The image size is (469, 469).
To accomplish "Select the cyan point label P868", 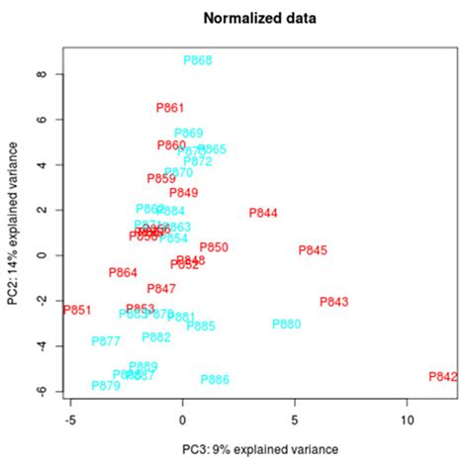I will tap(198, 60).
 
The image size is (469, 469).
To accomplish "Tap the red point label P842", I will tap(443, 377).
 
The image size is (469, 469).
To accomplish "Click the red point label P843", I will tap(334, 302).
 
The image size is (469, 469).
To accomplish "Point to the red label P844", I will tap(263, 213).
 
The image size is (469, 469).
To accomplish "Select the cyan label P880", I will tap(286, 325).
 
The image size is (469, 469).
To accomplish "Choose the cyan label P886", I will tap(215, 380).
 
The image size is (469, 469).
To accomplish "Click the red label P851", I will tap(77, 311).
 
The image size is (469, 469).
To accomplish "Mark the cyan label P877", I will tap(106, 341).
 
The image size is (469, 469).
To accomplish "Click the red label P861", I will tap(170, 108).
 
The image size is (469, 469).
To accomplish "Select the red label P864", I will tap(123, 273).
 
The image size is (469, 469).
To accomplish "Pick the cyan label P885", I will tap(201, 327).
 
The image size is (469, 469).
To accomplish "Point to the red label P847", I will tap(161, 289).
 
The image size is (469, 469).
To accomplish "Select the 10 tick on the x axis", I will tap(407, 421).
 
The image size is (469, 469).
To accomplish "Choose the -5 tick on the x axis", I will tap(70, 421).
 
